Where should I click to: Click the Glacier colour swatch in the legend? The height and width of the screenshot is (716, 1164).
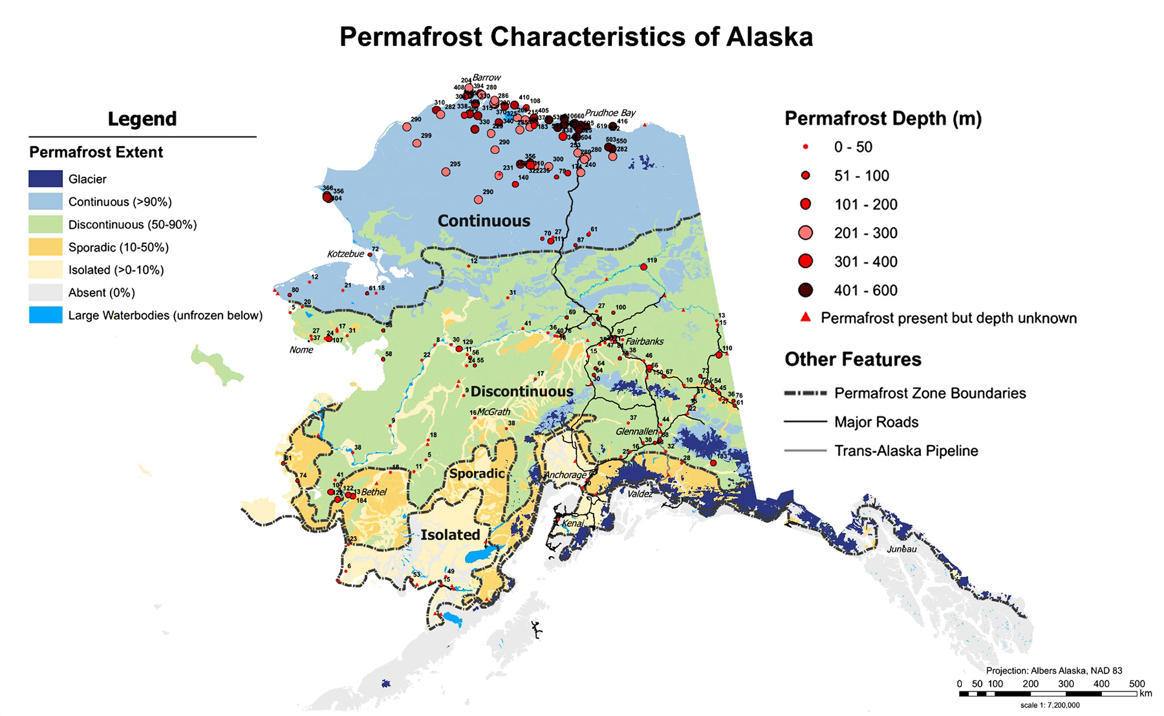point(45,179)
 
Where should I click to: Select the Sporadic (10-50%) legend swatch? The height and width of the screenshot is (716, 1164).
point(45,247)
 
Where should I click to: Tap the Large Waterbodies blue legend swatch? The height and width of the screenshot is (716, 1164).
point(45,315)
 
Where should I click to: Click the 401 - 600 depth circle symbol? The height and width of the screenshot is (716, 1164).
point(805,290)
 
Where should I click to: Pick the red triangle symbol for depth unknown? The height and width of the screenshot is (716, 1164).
point(805,317)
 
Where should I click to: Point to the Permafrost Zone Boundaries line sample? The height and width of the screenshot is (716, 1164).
point(805,393)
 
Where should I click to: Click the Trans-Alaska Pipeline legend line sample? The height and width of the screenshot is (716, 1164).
point(805,451)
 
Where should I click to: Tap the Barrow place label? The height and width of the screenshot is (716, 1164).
point(486,77)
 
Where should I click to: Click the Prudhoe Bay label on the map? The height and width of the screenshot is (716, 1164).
point(610,113)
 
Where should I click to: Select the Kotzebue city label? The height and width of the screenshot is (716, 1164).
point(345,254)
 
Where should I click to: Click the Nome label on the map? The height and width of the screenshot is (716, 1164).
point(301,350)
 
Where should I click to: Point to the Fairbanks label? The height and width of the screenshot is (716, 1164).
point(645,341)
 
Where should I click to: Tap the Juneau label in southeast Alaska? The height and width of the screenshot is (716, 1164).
point(901,549)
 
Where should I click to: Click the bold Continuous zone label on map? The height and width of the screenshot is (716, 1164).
point(484,221)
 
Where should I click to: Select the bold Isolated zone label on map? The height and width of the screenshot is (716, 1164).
point(450,535)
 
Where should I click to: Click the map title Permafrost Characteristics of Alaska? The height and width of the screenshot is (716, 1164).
point(576,36)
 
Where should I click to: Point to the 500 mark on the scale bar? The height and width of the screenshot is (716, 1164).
point(1136,684)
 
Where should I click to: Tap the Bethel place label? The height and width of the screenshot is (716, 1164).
point(374,492)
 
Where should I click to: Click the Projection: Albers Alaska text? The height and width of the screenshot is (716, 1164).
point(1053,671)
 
